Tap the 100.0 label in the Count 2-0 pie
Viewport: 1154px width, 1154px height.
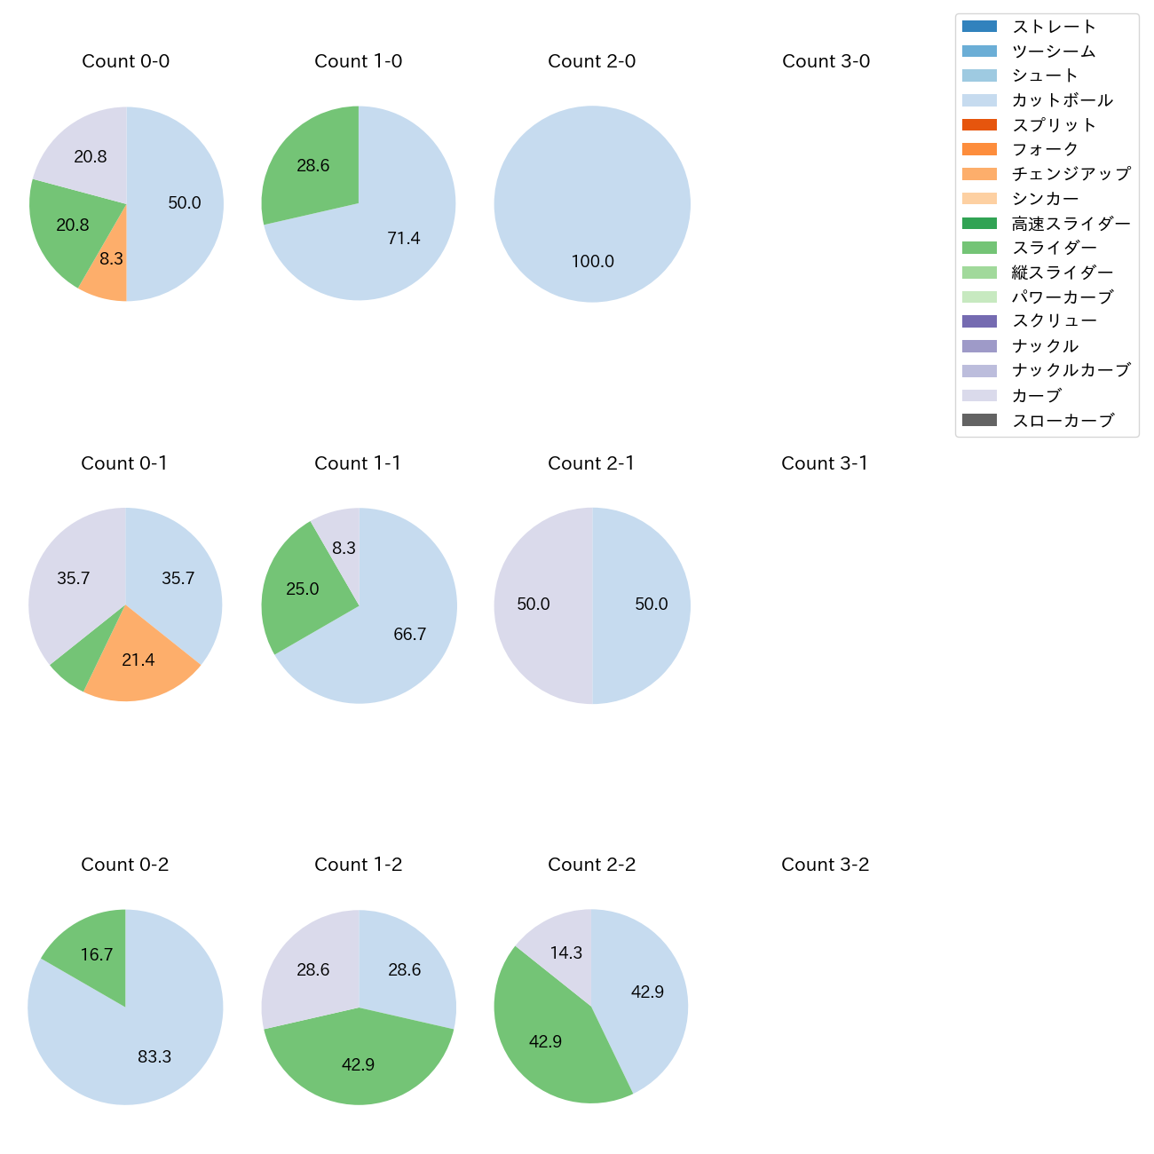592,262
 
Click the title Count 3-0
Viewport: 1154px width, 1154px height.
826,61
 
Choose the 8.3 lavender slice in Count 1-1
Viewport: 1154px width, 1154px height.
341,543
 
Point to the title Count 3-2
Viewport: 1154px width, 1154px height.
825,865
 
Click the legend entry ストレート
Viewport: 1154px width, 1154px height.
1054,27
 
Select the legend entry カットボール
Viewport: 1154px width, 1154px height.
1062,100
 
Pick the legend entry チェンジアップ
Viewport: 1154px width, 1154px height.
1071,174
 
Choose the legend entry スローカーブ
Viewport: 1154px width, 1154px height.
1063,421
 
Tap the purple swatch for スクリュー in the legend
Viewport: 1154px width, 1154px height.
979,321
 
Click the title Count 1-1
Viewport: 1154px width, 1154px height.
358,463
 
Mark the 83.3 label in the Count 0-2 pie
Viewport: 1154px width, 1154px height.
154,1056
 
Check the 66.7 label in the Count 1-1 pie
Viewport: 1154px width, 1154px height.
409,634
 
